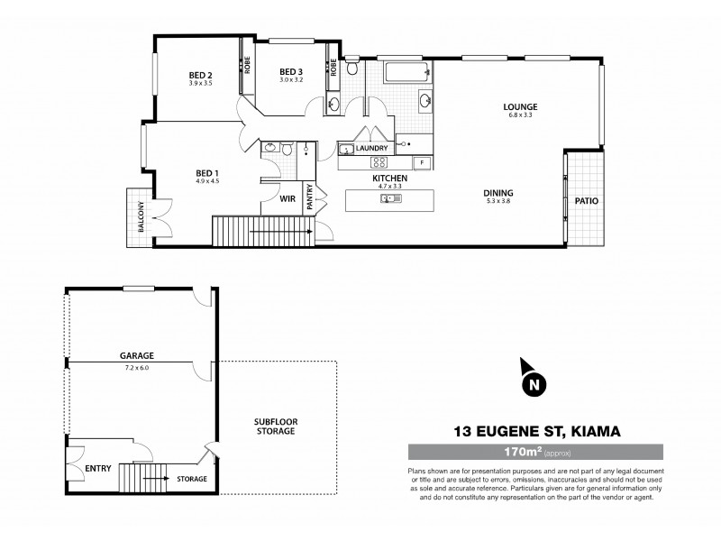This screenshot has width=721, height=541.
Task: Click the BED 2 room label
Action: pyautogui.click(x=200, y=75)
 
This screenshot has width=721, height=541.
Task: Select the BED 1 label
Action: pyautogui.click(x=207, y=173)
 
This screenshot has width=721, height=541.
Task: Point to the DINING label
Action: pyautogui.click(x=497, y=193)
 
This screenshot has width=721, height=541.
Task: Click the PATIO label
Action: pyautogui.click(x=588, y=201)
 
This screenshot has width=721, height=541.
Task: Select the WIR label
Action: pyautogui.click(x=289, y=198)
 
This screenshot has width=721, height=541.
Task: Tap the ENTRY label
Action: pyautogui.click(x=97, y=469)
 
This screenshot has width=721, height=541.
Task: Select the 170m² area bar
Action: pyautogui.click(x=536, y=452)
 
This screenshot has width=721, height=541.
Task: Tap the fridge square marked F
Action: pyautogui.click(x=422, y=162)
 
